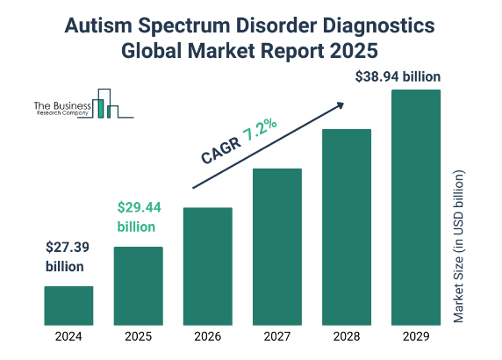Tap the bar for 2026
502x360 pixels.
click(207, 267)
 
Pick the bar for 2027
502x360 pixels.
click(277, 247)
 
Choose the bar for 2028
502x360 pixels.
click(347, 227)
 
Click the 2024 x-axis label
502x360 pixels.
click(68, 336)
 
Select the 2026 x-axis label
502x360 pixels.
click(207, 336)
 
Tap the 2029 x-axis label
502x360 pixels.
click(416, 336)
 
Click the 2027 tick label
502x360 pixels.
click(277, 336)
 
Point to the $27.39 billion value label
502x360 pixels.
click(65, 257)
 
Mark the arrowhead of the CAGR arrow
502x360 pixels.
click(339, 105)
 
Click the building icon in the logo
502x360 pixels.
click(105, 104)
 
